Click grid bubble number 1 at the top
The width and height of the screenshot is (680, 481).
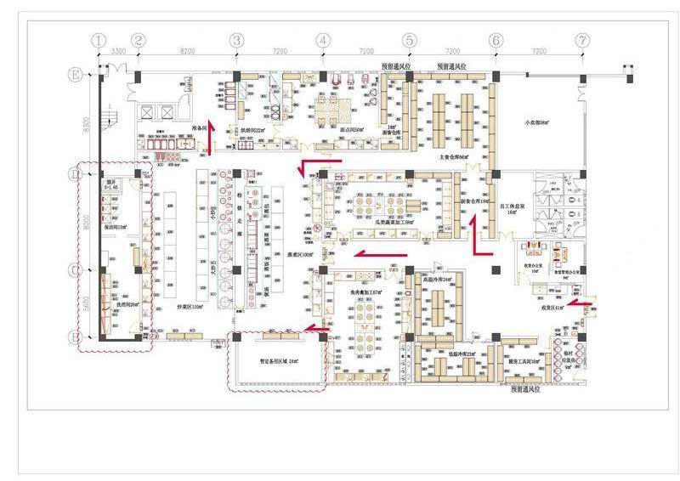coord(99,40)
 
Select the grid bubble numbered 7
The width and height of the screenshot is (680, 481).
coord(581,40)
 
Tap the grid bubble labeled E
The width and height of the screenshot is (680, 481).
coord(76,76)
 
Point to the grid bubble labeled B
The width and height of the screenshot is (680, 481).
coord(76,337)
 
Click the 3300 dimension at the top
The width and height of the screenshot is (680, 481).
coord(119,52)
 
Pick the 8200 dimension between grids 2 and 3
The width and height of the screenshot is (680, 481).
coord(188,52)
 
